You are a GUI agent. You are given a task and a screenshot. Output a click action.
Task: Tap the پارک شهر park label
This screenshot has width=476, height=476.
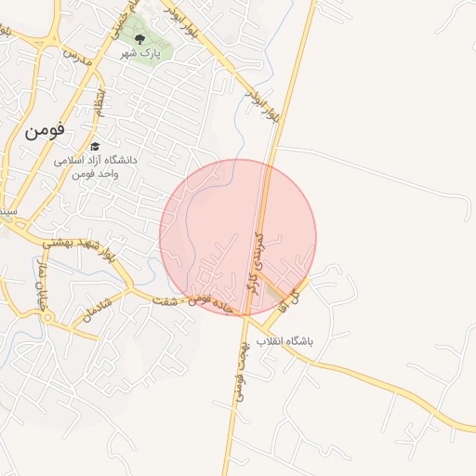140,54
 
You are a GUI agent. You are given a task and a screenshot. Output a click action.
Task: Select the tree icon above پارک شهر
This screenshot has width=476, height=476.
139,39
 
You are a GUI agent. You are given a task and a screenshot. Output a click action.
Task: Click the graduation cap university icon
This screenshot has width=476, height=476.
95,147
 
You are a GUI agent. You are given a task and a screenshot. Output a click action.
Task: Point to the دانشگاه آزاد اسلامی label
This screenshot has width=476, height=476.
95,160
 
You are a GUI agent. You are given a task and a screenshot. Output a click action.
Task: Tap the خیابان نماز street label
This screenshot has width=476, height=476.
39,283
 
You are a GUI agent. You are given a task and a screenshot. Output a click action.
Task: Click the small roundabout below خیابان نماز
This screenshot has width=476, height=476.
45,324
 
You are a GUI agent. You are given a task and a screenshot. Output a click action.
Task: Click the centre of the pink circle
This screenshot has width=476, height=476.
238,237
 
